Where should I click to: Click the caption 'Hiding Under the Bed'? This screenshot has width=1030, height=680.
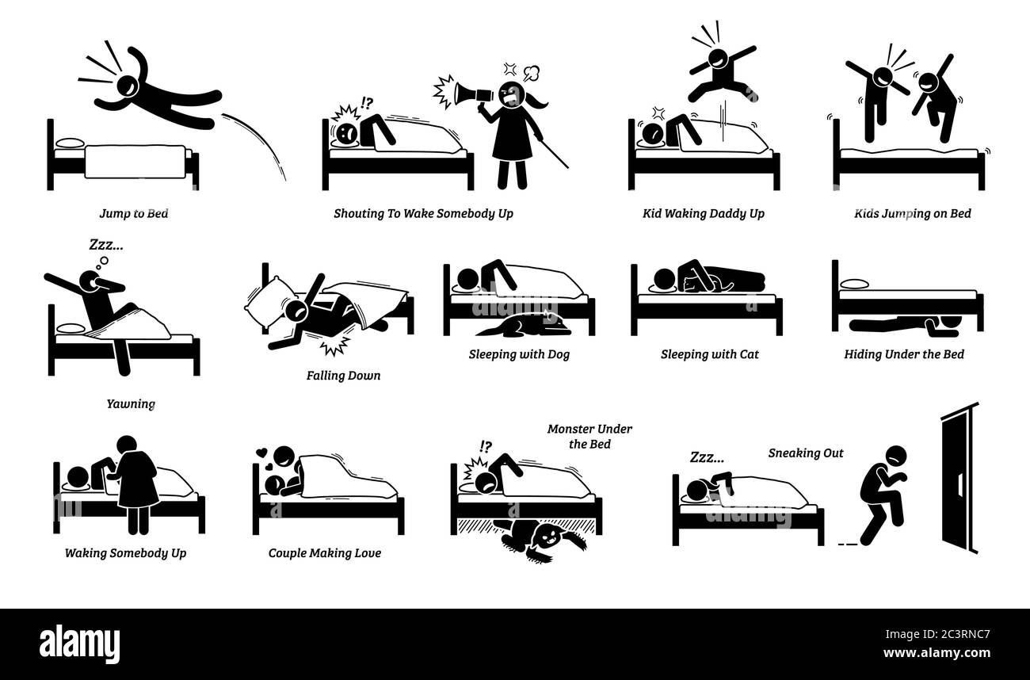[903, 354]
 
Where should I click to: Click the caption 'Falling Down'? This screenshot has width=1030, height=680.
[343, 375]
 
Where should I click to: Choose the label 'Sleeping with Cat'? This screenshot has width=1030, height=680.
[709, 354]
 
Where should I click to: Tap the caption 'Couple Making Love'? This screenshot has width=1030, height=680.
[323, 552]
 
